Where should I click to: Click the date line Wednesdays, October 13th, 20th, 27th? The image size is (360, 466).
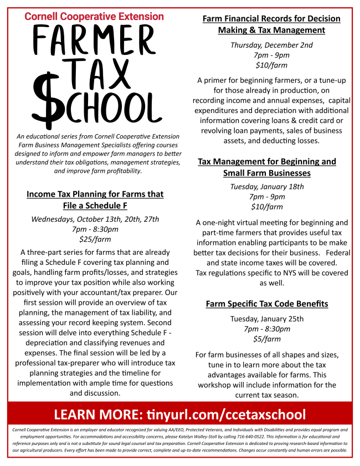pos(95,219)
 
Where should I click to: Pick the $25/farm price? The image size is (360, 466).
pos(95,239)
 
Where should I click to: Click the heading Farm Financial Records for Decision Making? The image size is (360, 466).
pos(271,24)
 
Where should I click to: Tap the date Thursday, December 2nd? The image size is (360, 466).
pos(271,45)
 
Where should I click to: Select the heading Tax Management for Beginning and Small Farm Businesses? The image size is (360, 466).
pos(267,167)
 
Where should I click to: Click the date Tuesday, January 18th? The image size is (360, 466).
pos(267,187)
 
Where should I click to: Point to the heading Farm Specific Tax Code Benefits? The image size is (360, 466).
pos(267,304)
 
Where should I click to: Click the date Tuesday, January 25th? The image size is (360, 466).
pos(267,319)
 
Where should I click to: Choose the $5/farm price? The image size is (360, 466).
pos(267,339)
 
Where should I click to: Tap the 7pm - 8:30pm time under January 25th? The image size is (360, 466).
pos(267,329)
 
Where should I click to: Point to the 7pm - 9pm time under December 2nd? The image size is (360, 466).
pos(271,55)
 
